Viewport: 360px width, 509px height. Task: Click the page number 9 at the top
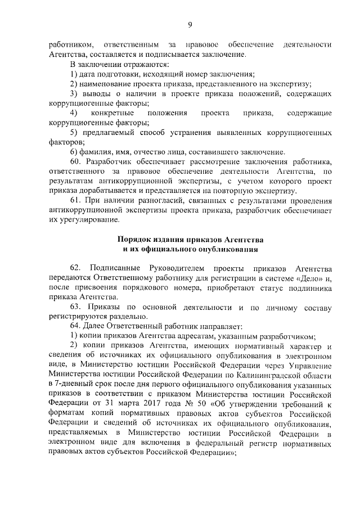point(190,24)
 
